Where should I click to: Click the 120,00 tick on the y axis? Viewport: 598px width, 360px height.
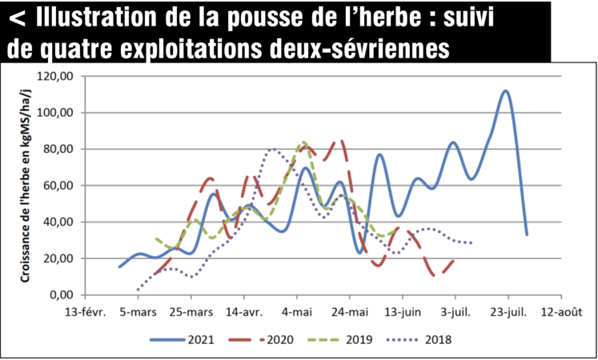60,76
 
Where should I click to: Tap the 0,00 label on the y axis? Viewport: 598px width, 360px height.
66,295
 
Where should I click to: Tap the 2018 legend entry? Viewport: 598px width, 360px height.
437,339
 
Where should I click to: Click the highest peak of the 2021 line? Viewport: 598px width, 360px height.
505,90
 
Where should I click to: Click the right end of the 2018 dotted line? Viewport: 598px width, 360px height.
472,242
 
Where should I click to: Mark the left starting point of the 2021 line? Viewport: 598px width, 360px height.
118,267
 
